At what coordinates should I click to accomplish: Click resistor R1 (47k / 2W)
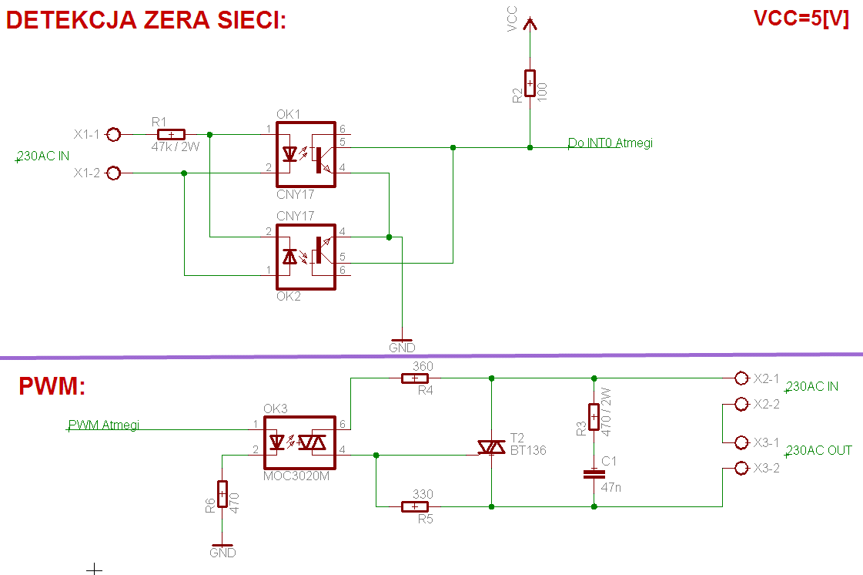point(170,134)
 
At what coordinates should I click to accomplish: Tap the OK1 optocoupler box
point(306,154)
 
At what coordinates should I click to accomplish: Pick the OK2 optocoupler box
point(306,257)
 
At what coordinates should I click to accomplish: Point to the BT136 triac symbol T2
point(490,447)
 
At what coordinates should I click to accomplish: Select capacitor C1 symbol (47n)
point(594,474)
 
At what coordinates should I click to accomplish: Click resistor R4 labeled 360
point(415,378)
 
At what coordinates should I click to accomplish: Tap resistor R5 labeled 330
point(415,506)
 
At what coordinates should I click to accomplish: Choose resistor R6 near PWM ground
point(222,494)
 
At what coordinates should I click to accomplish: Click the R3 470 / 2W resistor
point(594,417)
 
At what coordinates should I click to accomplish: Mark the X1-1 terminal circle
point(113,134)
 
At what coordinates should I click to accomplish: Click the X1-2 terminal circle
point(113,173)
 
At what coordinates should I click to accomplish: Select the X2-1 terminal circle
point(741,378)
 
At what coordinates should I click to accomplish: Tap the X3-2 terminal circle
point(741,468)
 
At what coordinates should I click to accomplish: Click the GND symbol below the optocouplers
point(402,341)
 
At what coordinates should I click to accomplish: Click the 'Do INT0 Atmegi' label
point(610,143)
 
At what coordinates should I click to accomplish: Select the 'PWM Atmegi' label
point(104,425)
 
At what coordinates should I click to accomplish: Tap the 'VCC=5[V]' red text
point(801,20)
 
